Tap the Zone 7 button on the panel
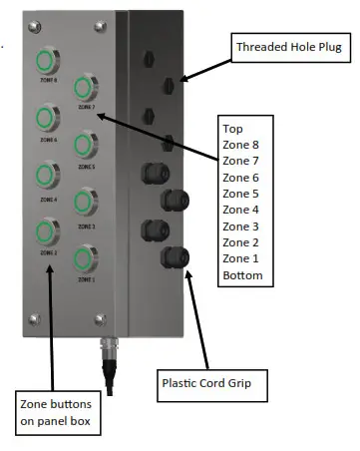pyautogui.click(x=83, y=86)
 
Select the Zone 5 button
pyautogui.click(x=83, y=146)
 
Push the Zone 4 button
pyautogui.click(x=46, y=177)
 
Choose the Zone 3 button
pyautogui.click(x=84, y=205)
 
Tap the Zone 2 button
pyautogui.click(x=46, y=233)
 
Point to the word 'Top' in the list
pyautogui.click(x=233, y=129)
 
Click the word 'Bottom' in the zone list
pyautogui.click(x=242, y=274)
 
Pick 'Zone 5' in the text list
pyautogui.click(x=240, y=194)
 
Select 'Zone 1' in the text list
pyautogui.click(x=240, y=257)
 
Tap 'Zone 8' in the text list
pyautogui.click(x=240, y=145)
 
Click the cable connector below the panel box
pyautogui.click(x=106, y=351)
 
